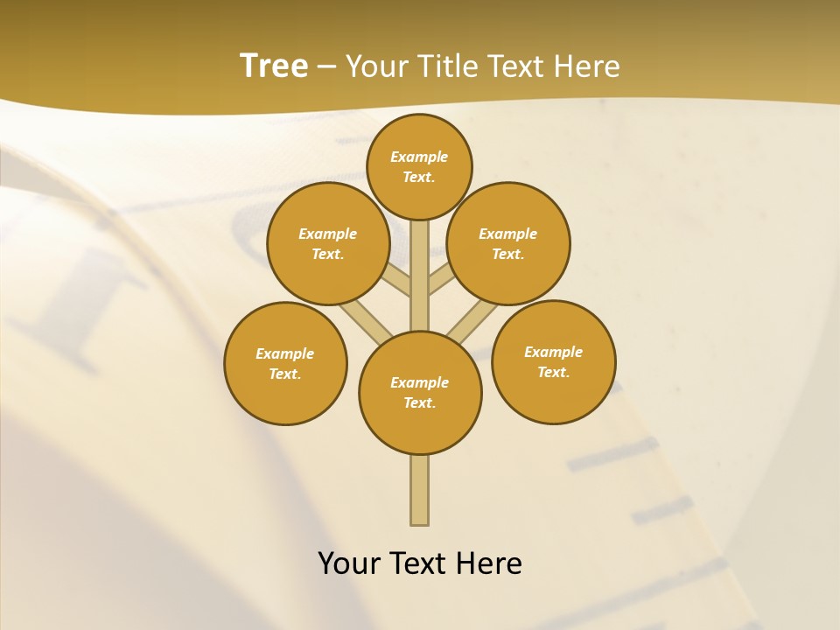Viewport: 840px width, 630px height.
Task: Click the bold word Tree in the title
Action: (x=274, y=66)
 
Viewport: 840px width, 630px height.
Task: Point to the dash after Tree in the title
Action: (x=326, y=67)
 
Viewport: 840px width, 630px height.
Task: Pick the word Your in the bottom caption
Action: (x=348, y=563)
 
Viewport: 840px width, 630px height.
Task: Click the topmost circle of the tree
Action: (x=419, y=166)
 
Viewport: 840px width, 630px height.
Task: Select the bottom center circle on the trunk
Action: (x=420, y=393)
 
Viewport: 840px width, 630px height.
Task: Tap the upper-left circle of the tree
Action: (x=328, y=243)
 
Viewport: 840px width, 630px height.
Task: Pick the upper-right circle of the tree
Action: (x=508, y=243)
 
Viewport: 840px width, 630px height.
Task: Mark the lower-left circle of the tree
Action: (x=285, y=363)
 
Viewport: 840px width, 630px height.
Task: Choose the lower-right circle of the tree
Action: (x=553, y=361)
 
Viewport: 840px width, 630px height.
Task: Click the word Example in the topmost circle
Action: (x=419, y=157)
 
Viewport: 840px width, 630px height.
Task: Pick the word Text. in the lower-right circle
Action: (x=553, y=372)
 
